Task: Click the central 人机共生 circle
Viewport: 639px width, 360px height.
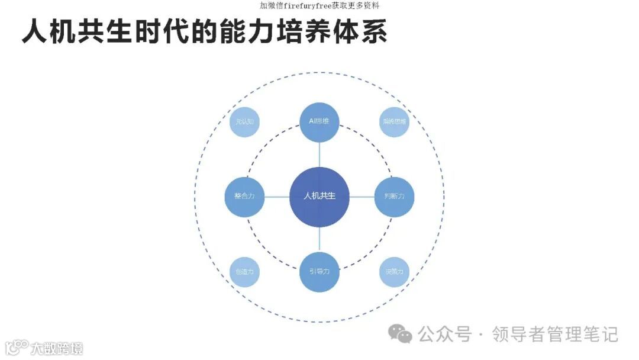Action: click(319, 197)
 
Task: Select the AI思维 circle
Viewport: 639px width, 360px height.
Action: click(319, 122)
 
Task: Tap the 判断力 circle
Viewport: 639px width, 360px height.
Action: click(394, 197)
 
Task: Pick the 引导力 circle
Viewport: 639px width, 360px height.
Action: click(319, 272)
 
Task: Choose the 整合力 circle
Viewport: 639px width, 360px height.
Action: click(244, 197)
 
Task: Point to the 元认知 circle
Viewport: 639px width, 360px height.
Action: click(244, 122)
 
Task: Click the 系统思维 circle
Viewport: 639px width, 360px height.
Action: click(395, 122)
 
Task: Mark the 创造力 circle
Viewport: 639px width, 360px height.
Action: click(244, 272)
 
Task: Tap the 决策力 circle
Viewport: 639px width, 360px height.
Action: click(395, 272)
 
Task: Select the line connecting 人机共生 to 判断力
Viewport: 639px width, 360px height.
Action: click(362, 197)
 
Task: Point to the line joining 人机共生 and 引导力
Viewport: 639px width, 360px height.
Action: click(319, 239)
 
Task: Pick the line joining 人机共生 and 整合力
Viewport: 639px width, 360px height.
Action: click(276, 197)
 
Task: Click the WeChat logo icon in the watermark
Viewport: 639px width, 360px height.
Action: click(400, 335)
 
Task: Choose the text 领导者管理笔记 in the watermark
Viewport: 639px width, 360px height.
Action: click(556, 335)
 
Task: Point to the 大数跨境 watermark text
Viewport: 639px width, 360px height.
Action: click(57, 348)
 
